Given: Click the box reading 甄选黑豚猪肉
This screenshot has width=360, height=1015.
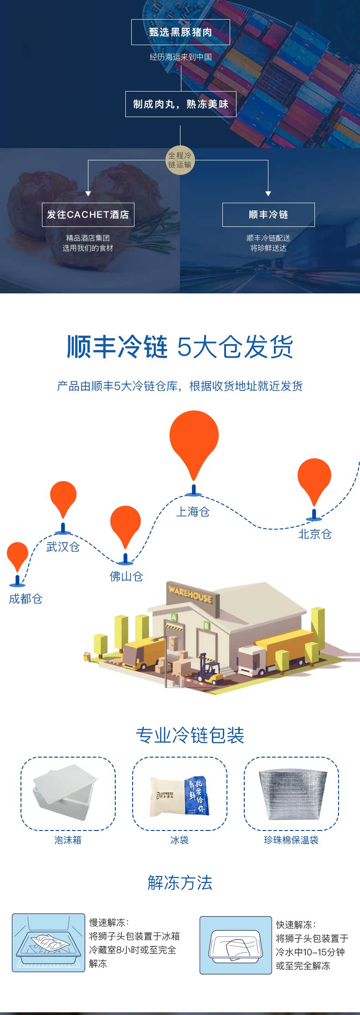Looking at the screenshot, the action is tap(180, 32).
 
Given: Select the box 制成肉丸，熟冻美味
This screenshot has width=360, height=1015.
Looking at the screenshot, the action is tap(180, 104).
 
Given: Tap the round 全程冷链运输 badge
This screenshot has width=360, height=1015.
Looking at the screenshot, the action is tap(180, 160).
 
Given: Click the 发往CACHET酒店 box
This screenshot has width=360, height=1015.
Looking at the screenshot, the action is tap(88, 215).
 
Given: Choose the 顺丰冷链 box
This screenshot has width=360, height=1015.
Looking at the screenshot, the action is tap(268, 215).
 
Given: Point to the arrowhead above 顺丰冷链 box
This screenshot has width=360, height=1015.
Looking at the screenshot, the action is tap(268, 194).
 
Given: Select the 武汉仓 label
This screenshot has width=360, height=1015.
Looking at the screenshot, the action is tap(63, 547).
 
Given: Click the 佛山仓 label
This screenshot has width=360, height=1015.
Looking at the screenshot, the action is tap(126, 576).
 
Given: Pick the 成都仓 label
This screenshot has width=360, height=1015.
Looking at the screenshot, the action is tap(26, 599).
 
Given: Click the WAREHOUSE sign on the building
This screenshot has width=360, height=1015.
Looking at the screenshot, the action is tap(190, 594).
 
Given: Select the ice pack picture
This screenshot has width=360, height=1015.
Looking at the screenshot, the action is tap(180, 796).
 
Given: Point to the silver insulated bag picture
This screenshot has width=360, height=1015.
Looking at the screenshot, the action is tap(292, 793).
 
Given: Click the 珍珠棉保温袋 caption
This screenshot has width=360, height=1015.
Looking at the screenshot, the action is tap(291, 840).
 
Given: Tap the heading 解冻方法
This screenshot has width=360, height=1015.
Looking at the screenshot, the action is tap(180, 882).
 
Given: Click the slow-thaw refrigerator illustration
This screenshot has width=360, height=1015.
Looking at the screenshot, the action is tap(48, 943).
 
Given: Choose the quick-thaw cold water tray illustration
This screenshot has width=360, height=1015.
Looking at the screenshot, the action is tap(235, 945).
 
